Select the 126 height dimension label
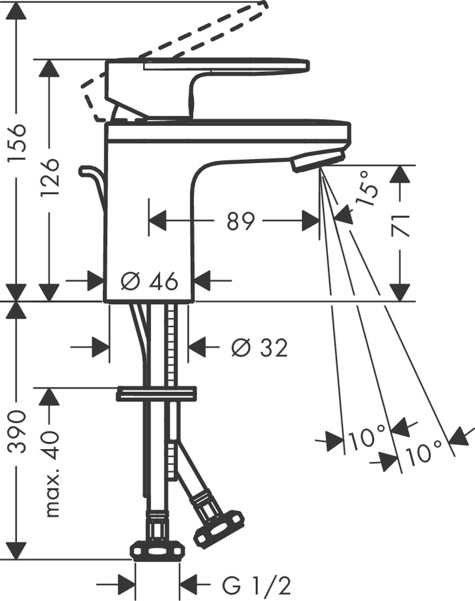point(50,177)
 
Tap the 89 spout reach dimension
point(241,221)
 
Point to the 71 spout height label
point(401,226)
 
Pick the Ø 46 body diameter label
point(149,282)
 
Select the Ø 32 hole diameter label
point(259,348)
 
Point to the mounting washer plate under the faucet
point(156,393)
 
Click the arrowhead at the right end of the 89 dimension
point(310,221)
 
